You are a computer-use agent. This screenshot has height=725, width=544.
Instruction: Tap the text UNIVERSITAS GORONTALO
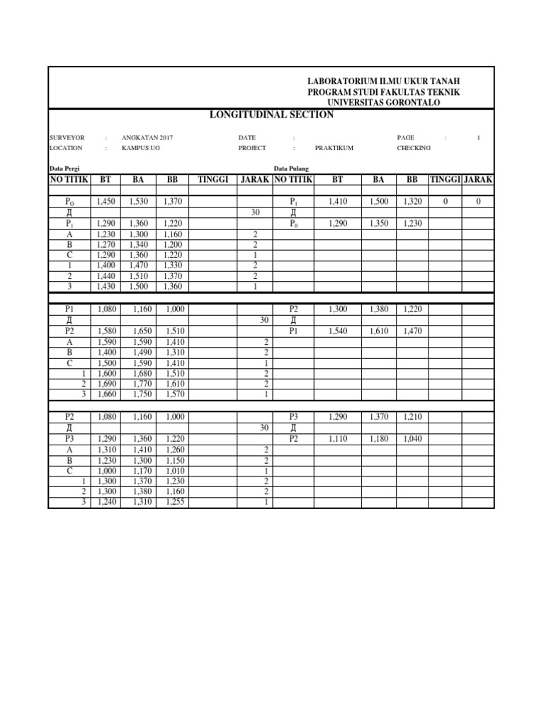click(383, 103)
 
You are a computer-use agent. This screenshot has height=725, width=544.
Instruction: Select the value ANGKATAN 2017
click(147, 137)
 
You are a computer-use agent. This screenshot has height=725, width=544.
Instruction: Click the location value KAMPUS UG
click(141, 148)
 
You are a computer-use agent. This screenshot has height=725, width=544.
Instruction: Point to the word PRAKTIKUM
click(334, 148)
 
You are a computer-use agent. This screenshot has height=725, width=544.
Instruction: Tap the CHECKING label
click(414, 148)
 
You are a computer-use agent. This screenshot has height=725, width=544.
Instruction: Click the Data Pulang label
click(291, 169)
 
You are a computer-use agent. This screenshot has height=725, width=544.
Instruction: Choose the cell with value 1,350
click(379, 224)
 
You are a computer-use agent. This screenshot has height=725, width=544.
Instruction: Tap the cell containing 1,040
click(412, 439)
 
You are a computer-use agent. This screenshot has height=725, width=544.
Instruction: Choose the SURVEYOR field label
click(67, 137)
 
